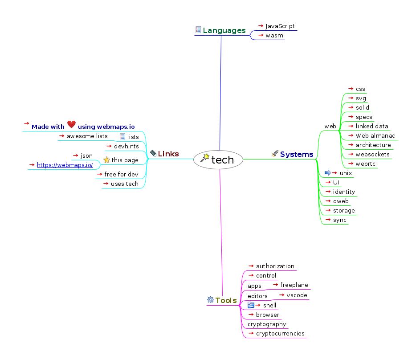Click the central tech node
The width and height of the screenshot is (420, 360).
tap(218, 160)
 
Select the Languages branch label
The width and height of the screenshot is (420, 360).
tap(224, 30)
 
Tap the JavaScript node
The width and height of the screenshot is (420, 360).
tap(280, 26)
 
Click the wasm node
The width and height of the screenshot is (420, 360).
tap(274, 36)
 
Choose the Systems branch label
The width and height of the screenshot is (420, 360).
tap(297, 154)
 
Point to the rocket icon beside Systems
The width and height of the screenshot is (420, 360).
tap(275, 154)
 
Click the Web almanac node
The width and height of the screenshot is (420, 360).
tap(375, 135)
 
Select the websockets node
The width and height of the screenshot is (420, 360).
tap(372, 154)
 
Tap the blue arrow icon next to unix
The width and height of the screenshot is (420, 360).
tap(328, 173)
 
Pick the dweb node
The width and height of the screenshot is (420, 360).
tap(341, 201)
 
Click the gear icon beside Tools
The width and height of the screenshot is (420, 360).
tap(211, 300)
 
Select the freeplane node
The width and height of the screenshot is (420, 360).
tap(294, 285)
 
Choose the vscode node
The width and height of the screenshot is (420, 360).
tap(297, 295)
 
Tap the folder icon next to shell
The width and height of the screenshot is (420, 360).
tap(251, 305)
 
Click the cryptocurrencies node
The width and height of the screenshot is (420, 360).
tap(280, 333)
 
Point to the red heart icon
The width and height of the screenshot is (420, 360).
tap(71, 125)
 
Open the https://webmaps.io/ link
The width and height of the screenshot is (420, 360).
tap(65, 165)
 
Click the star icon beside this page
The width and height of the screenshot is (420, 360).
tap(106, 160)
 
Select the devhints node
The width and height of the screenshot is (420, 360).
tap(126, 146)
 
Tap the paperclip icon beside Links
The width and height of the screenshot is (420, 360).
tap(153, 154)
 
